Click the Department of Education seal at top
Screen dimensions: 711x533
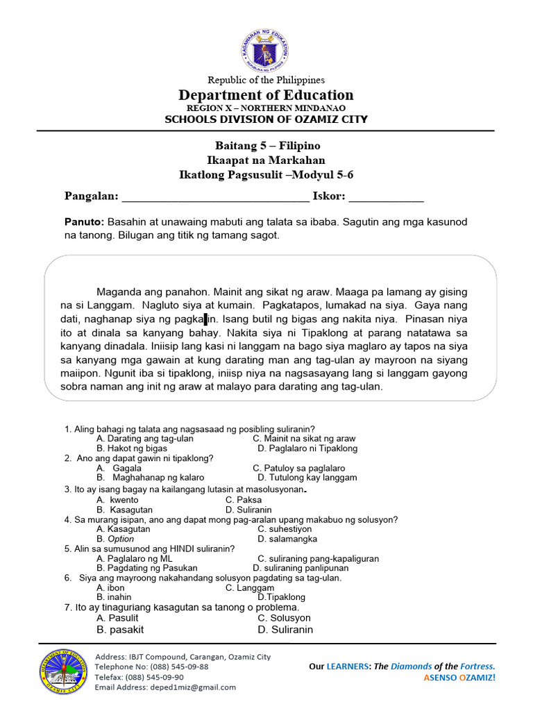click(266, 50)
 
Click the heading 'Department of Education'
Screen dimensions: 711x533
click(266, 95)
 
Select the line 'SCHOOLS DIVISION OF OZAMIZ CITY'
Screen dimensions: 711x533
click(266, 119)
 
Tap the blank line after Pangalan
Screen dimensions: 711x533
click(216, 197)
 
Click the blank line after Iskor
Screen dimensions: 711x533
click(386, 197)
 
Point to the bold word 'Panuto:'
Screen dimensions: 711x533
click(84, 221)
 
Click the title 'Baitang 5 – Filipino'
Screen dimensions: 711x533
click(266, 146)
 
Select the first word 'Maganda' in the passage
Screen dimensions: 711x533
click(118, 292)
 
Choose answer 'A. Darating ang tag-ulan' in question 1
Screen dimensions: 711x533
click(145, 439)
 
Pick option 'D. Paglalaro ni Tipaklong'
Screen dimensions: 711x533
click(307, 449)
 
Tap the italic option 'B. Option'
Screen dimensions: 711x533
click(116, 538)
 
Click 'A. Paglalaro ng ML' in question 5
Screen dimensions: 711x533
click(135, 558)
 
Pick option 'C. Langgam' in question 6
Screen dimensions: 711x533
click(251, 587)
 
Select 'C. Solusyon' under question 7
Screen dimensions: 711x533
click(284, 618)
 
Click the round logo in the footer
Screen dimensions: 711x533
click(62, 672)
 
